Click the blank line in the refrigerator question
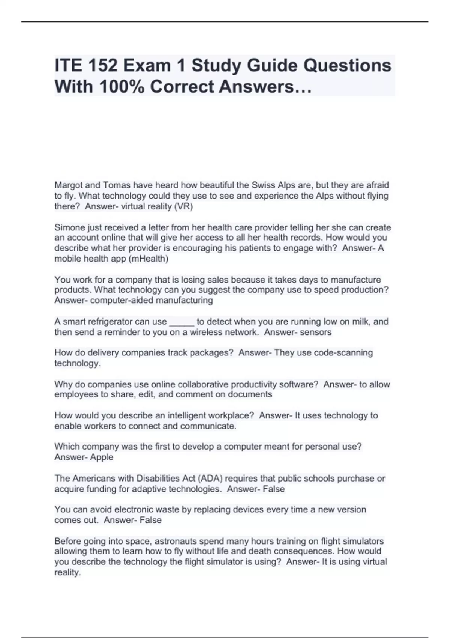[x=182, y=322]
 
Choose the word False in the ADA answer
[x=274, y=489]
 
